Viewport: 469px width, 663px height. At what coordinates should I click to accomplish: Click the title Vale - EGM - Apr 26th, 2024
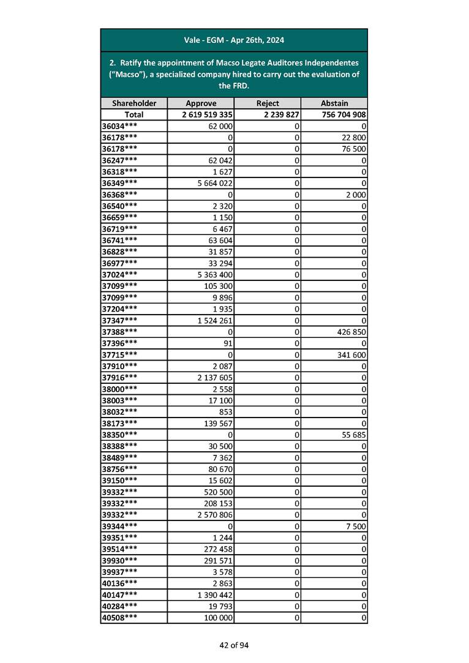pos(234,40)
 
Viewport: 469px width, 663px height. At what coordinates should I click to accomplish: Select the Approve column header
pos(201,103)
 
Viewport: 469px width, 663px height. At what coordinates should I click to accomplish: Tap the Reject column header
pos(267,103)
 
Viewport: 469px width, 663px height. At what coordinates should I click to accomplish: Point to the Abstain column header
pos(334,103)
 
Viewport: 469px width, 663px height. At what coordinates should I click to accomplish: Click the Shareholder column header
pos(133,103)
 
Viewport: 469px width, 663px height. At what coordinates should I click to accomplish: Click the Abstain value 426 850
pos(350,332)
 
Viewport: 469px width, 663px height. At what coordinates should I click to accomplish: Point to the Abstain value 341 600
pos(350,354)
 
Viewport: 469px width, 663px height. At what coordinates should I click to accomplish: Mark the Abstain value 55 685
pos(353,435)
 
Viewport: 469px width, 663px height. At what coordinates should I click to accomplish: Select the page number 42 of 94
pos(234,645)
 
